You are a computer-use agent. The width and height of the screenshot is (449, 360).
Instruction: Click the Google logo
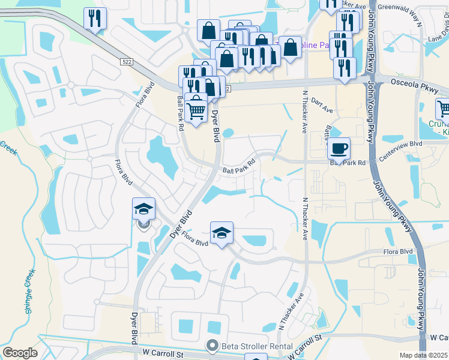pos(20,353)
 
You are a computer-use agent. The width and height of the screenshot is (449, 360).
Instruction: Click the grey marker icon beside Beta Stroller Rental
pos(211,346)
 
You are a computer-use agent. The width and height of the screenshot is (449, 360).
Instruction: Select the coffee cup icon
pos(339,148)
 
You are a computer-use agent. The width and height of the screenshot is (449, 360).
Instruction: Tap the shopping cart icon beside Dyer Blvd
pos(196,109)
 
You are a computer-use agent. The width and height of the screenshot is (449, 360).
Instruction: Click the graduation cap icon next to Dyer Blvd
pos(144,208)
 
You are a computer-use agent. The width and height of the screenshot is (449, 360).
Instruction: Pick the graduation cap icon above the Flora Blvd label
pos(221,232)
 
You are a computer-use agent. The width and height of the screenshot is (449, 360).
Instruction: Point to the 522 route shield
pos(125,62)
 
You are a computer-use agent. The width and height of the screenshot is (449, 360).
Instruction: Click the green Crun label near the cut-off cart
pos(439,125)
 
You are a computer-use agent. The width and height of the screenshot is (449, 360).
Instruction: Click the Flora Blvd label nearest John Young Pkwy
pos(397,251)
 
